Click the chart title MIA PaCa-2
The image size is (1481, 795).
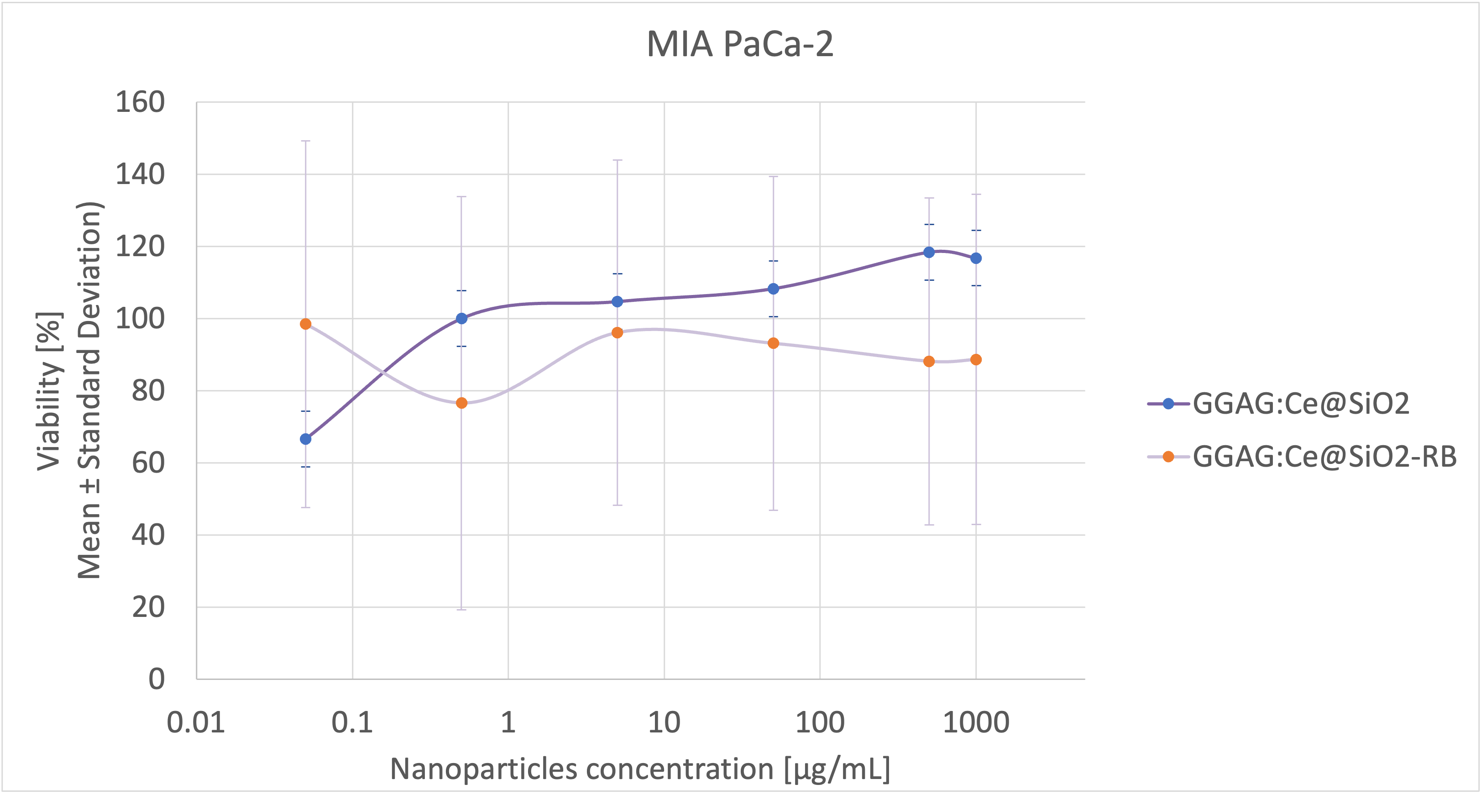click(x=739, y=44)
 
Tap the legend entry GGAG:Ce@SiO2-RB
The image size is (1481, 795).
click(x=1324, y=457)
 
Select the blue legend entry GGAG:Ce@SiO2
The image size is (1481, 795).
click(x=1300, y=404)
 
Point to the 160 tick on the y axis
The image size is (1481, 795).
click(x=140, y=102)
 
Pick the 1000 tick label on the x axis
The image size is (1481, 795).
click(x=976, y=722)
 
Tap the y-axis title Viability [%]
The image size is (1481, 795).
click(x=49, y=391)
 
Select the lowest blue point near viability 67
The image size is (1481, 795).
click(x=306, y=439)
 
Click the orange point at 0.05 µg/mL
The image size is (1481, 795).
click(x=306, y=324)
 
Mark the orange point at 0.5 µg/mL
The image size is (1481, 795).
click(x=461, y=403)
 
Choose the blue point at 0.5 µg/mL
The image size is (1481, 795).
click(x=461, y=318)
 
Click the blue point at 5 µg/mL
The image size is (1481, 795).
click(x=618, y=301)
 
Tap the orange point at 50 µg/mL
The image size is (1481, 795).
click(x=773, y=343)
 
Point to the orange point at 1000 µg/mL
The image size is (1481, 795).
click(x=976, y=359)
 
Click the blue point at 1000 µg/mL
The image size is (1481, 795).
click(x=976, y=258)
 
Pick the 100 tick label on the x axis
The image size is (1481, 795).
click(x=819, y=722)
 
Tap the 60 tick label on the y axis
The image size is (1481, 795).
click(x=148, y=463)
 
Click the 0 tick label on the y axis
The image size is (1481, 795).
click(x=157, y=679)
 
